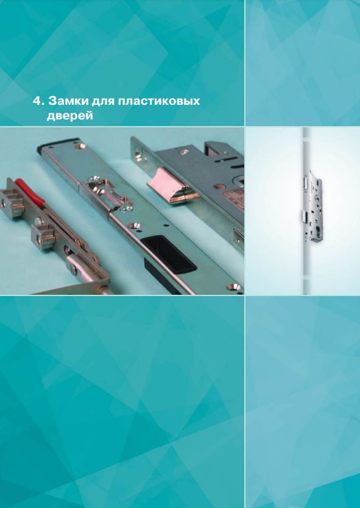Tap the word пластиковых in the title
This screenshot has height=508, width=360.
[159, 101]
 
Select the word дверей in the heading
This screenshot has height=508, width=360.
[69, 116]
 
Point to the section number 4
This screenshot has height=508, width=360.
[38, 101]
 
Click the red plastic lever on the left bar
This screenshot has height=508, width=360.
[30, 192]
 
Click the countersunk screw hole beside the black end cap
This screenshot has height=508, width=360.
[79, 146]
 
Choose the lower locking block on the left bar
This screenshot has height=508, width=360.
[43, 236]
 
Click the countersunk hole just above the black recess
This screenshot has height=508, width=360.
[134, 225]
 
